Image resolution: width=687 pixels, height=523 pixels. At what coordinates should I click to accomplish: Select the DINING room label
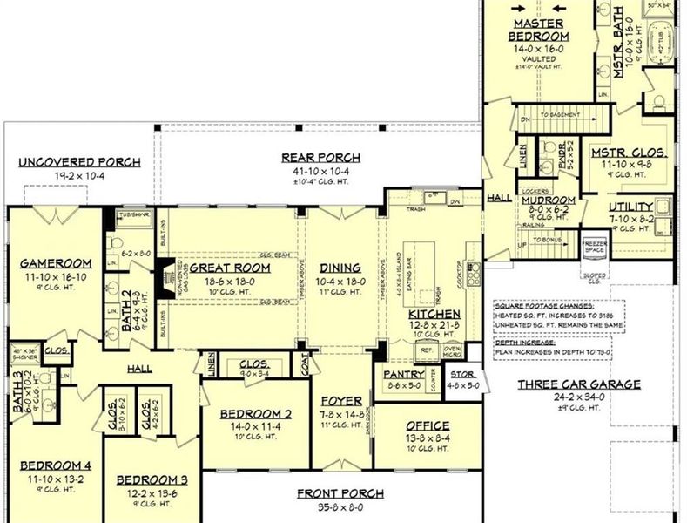tap(333, 268)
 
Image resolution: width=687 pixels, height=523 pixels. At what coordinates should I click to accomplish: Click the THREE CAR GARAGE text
tap(578, 384)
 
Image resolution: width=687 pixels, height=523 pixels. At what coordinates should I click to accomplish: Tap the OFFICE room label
tap(428, 426)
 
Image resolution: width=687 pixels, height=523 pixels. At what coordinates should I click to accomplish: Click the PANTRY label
tap(403, 375)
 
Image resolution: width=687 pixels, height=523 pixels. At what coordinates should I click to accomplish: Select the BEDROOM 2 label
tap(254, 413)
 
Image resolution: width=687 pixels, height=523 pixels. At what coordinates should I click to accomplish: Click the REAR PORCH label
tap(320, 158)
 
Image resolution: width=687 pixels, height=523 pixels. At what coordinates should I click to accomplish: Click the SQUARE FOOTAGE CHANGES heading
tap(544, 307)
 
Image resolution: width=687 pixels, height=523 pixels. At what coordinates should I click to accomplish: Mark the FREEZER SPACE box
tap(594, 247)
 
